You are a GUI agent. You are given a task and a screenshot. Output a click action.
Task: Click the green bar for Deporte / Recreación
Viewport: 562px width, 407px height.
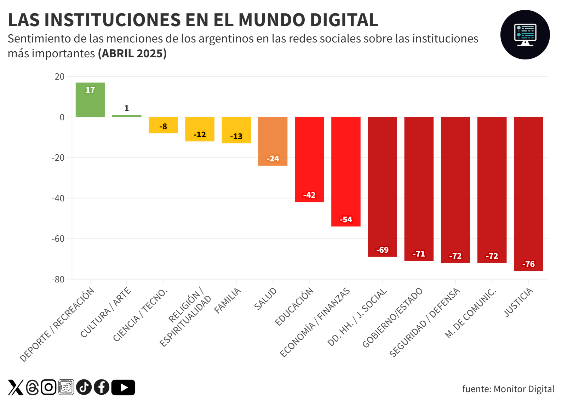[x=90, y=101]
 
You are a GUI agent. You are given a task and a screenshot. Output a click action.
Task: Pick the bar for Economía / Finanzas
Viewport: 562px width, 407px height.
[x=346, y=170]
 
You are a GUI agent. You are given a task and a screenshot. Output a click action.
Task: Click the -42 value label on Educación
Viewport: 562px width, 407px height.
[x=309, y=195]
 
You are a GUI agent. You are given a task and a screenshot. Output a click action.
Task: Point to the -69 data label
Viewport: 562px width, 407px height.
[x=382, y=250]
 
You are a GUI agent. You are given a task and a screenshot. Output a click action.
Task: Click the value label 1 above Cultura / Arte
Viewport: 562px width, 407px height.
[x=127, y=108]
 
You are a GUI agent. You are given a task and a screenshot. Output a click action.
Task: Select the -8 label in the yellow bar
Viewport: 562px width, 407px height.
[x=163, y=126]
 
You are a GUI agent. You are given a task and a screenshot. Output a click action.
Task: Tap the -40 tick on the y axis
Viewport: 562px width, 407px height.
[x=58, y=198]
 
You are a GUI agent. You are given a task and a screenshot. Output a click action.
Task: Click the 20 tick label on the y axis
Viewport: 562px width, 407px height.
[x=59, y=76]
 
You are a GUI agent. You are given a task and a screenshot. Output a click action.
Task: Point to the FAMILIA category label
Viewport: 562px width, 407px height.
[x=228, y=300]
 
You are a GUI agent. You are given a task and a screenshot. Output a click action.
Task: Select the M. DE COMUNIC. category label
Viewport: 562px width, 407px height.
[x=470, y=313]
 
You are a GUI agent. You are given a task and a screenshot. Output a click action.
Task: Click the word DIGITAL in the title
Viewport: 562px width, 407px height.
[x=344, y=20]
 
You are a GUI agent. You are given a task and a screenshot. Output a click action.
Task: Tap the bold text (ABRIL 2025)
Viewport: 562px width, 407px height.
[x=132, y=53]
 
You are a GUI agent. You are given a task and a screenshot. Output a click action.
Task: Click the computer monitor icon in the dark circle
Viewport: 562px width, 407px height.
[x=525, y=35]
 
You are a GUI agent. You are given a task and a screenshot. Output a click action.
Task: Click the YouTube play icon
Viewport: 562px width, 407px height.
[x=123, y=387]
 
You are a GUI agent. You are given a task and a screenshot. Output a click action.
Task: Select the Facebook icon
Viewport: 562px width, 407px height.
[x=102, y=387]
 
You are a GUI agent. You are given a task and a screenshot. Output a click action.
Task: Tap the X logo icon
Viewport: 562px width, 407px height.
[x=16, y=387]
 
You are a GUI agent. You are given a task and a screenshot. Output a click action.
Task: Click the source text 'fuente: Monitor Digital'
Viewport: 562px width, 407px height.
[x=508, y=389]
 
